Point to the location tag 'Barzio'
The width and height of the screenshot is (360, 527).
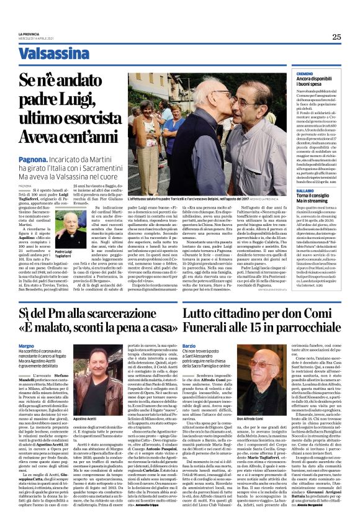click(190, 345)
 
